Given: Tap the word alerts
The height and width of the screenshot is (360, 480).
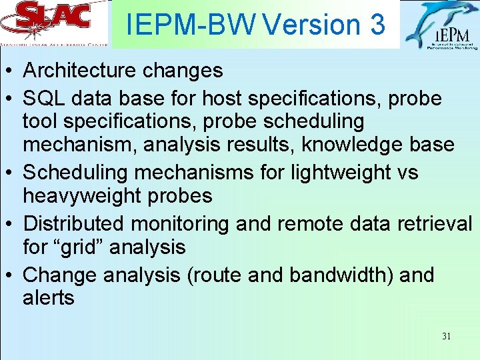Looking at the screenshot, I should point(49,297).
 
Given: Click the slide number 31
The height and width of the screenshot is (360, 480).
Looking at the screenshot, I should point(446,336).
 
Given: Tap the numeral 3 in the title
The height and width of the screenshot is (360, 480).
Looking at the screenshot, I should point(377,25).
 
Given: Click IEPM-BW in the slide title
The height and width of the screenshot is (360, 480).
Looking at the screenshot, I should point(192,25).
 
